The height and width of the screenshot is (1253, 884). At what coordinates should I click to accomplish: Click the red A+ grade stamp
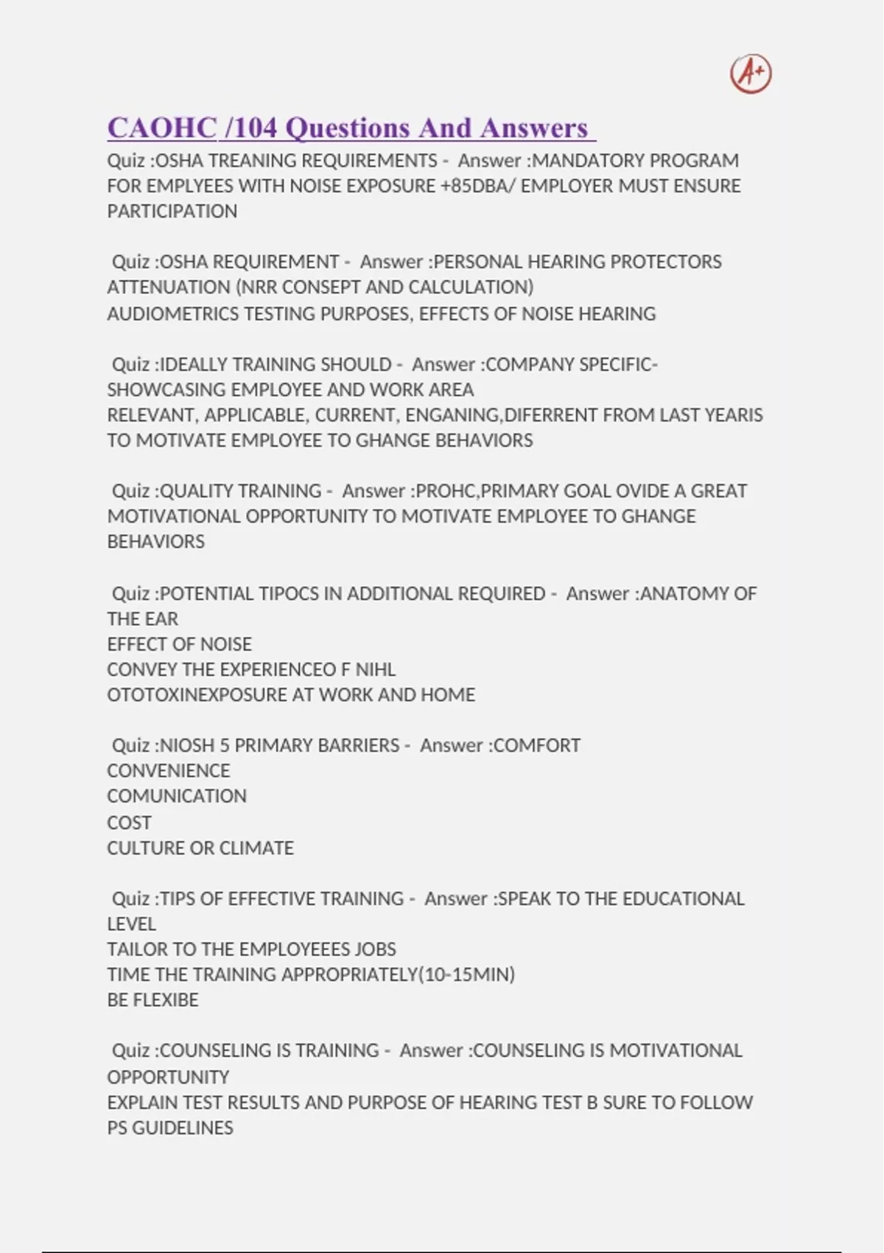(751, 74)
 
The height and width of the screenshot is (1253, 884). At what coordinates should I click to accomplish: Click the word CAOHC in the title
(162, 128)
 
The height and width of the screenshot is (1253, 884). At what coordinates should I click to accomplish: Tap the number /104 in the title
(251, 128)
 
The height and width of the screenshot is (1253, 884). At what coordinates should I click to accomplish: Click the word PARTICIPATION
(172, 212)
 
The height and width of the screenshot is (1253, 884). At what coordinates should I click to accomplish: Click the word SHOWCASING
(166, 390)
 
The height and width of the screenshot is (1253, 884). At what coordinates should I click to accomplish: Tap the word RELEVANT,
(152, 416)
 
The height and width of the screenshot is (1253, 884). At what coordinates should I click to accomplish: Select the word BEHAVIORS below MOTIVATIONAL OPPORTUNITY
(156, 542)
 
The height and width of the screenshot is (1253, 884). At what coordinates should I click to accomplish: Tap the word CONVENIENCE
(169, 771)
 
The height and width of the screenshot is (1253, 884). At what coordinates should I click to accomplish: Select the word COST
(129, 823)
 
